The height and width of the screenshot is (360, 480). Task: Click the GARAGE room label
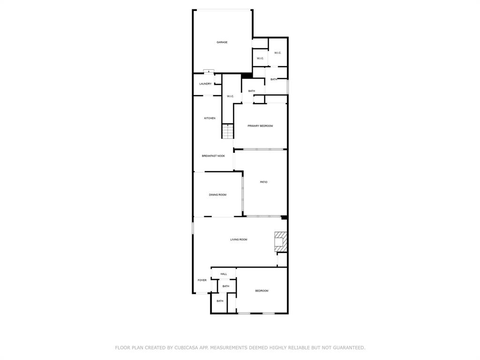pyautogui.click(x=222, y=43)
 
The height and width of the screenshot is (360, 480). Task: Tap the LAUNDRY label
pyautogui.click(x=205, y=84)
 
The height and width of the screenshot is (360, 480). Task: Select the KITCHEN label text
pyautogui.click(x=210, y=118)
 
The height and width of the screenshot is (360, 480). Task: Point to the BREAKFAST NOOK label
pyautogui.click(x=213, y=156)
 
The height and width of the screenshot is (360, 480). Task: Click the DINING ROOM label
pyautogui.click(x=217, y=195)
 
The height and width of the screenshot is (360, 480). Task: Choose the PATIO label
pyautogui.click(x=264, y=182)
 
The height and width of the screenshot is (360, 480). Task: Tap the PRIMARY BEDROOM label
pyautogui.click(x=260, y=126)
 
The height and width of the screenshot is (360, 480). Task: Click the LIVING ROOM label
pyautogui.click(x=239, y=240)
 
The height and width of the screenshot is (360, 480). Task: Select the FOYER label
pyautogui.click(x=202, y=280)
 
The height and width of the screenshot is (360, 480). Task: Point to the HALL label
pyautogui.click(x=224, y=274)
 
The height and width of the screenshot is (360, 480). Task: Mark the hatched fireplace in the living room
pyautogui.click(x=280, y=241)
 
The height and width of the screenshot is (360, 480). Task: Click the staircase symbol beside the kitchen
pyautogui.click(x=227, y=131)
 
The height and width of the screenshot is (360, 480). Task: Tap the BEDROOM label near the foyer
pyautogui.click(x=262, y=291)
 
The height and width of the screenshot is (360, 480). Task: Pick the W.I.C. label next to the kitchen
pyautogui.click(x=230, y=97)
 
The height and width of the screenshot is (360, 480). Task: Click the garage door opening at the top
pyautogui.click(x=223, y=10)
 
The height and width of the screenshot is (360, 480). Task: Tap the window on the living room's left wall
pyautogui.click(x=193, y=228)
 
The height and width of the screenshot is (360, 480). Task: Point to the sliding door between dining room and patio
pyautogui.click(x=242, y=194)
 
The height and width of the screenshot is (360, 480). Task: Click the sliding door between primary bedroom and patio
pyautogui.click(x=262, y=149)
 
